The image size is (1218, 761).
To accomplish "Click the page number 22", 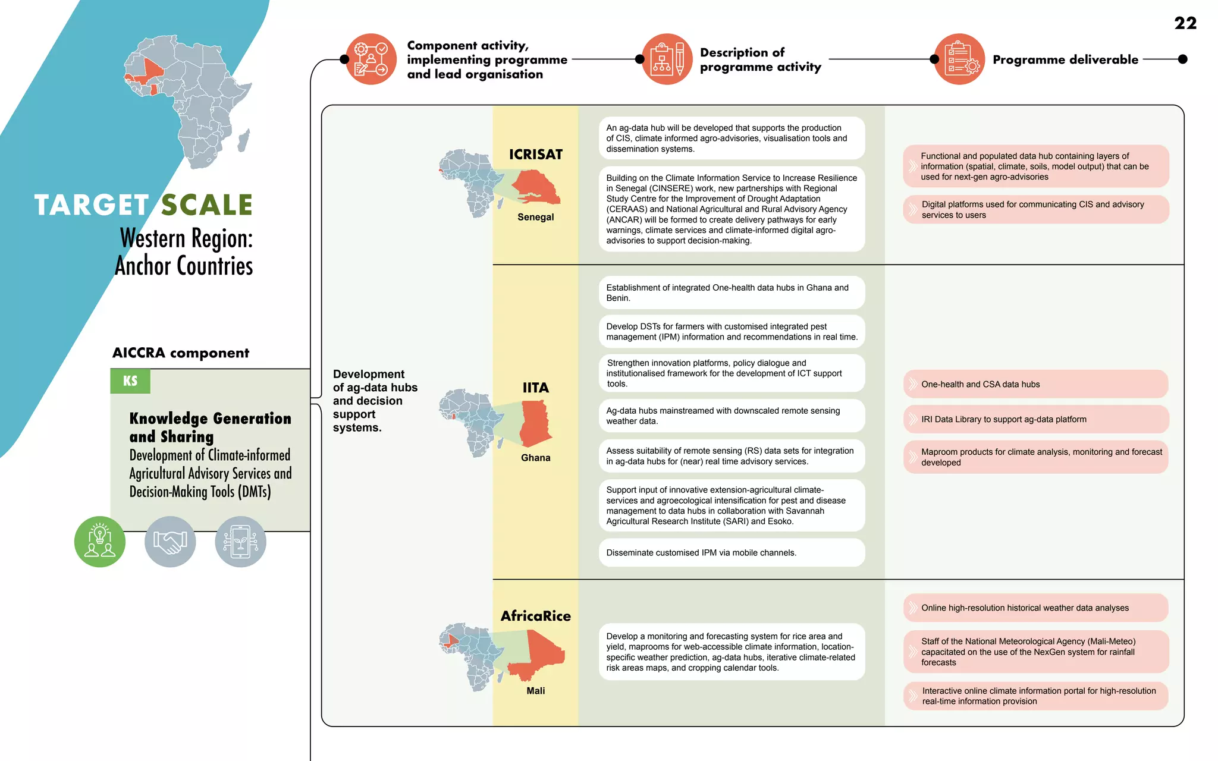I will pyautogui.click(x=1185, y=23).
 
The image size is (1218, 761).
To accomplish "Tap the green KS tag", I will pyautogui.click(x=130, y=381).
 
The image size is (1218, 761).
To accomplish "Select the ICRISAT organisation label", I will pyautogui.click(x=535, y=155).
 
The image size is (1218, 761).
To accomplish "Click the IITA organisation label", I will pyautogui.click(x=535, y=388).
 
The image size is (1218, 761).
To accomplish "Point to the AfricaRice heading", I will pyautogui.click(x=535, y=616).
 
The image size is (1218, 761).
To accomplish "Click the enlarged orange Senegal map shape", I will pyautogui.click(x=535, y=187).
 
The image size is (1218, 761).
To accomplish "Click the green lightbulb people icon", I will pyautogui.click(x=100, y=542).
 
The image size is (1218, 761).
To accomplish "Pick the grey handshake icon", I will pyautogui.click(x=170, y=542).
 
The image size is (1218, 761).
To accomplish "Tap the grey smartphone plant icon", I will pyautogui.click(x=240, y=542).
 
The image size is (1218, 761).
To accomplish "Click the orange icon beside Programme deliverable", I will pyautogui.click(x=959, y=59).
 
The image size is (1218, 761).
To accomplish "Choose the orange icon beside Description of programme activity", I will pyautogui.click(x=667, y=59).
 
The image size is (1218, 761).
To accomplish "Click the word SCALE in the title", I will pyautogui.click(x=207, y=206).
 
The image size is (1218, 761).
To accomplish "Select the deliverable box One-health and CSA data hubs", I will pyautogui.click(x=1035, y=384).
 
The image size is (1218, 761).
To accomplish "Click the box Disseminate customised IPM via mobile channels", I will pyautogui.click(x=732, y=552).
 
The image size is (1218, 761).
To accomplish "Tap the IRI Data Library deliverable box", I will pyautogui.click(x=1035, y=419).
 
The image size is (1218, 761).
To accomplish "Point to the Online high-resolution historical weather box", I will pyautogui.click(x=1035, y=608).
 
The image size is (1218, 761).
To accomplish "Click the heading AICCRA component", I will pyautogui.click(x=181, y=353).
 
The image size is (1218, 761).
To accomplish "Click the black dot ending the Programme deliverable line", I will pyautogui.click(x=1182, y=59).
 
